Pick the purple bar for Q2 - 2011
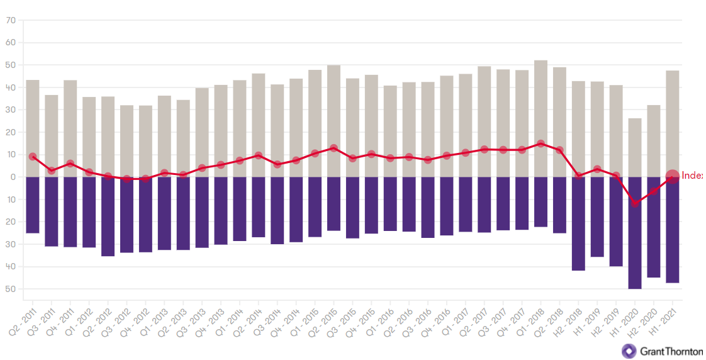(x=33, y=205)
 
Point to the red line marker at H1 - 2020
(x=636, y=203)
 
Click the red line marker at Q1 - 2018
(x=541, y=143)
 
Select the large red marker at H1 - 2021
(x=672, y=177)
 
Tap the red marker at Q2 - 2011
(x=33, y=156)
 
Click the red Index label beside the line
(x=692, y=176)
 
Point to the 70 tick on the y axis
(x=10, y=20)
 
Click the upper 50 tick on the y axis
(x=10, y=65)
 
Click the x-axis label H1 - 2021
(x=665, y=319)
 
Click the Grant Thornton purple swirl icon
(x=629, y=351)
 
